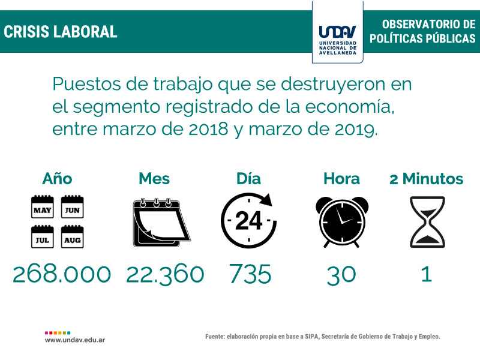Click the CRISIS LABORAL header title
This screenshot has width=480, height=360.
click(x=61, y=32)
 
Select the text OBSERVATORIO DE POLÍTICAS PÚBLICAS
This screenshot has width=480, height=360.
click(x=422, y=31)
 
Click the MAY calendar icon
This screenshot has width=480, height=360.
click(x=42, y=207)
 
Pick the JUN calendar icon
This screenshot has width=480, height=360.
click(x=73, y=207)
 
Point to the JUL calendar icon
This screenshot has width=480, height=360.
click(x=42, y=237)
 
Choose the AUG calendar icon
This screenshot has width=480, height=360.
click(x=73, y=237)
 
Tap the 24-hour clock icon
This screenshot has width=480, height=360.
click(x=249, y=220)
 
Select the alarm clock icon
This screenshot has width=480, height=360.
click(x=341, y=220)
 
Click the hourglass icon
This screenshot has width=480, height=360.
click(x=427, y=221)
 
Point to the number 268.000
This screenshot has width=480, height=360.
click(x=62, y=274)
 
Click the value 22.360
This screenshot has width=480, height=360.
click(x=165, y=274)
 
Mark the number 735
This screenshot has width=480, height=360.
click(x=250, y=274)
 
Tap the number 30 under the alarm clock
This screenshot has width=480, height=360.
click(x=341, y=274)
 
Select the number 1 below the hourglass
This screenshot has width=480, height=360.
click(x=427, y=274)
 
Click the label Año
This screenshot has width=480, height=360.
click(x=57, y=179)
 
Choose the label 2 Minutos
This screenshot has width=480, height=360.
click(x=426, y=179)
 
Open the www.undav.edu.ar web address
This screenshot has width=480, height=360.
click(x=76, y=340)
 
